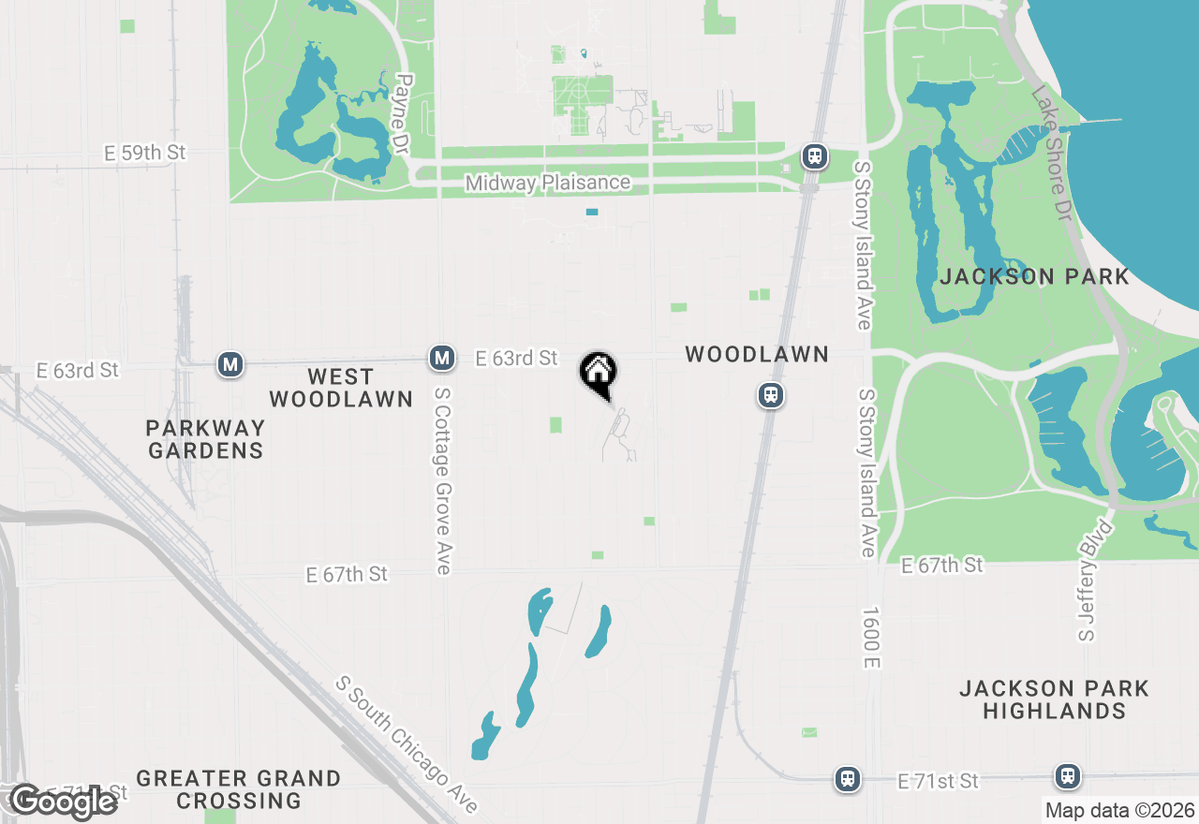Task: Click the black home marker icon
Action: tap(598, 374)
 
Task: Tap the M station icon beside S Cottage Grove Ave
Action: tap(442, 357)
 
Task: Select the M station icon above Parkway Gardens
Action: tap(229, 363)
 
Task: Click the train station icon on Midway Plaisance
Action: tap(815, 155)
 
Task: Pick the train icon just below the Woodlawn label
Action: tap(771, 396)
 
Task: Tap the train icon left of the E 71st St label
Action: tap(848, 778)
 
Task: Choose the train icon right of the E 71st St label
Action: tap(1067, 775)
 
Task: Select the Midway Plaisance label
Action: tap(548, 183)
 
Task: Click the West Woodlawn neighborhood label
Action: tap(341, 388)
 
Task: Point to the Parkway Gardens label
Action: tap(206, 439)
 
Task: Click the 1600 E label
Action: tap(872, 636)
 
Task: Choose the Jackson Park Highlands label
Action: tap(1054, 699)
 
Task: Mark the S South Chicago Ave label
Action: tap(407, 744)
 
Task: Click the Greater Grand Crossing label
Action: tap(239, 789)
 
